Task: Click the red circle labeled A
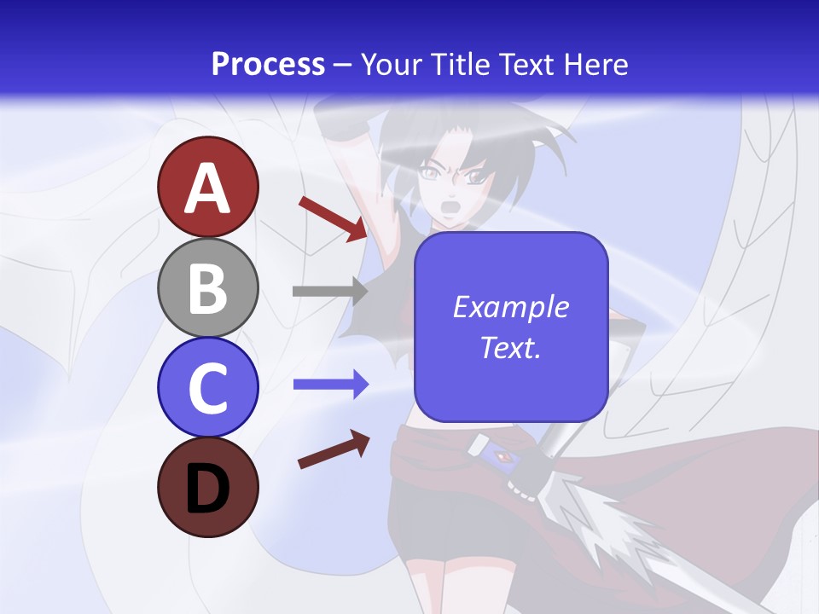tap(207, 187)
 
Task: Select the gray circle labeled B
tap(207, 287)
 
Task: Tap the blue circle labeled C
tap(207, 387)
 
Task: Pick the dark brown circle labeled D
tap(207, 487)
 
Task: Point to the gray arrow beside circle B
tap(329, 291)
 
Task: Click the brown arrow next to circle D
tap(333, 449)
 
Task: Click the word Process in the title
tap(268, 64)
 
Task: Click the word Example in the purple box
tap(510, 307)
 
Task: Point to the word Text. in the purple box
tap(510, 347)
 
